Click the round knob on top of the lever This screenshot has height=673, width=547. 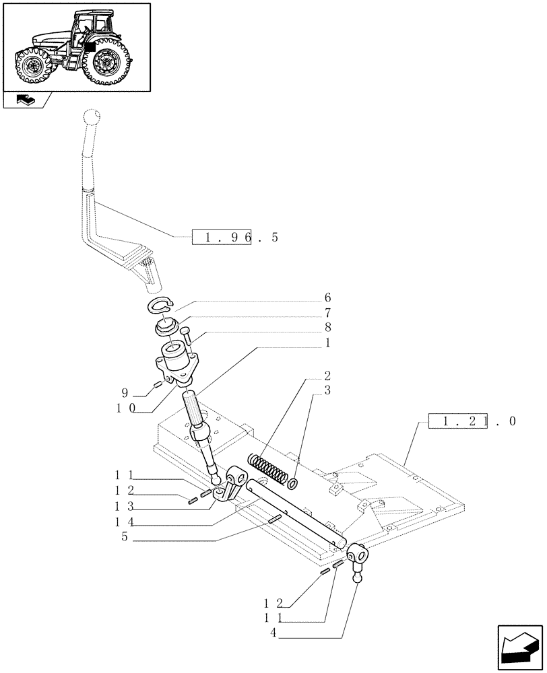point(92,119)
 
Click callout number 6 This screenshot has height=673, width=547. point(327,297)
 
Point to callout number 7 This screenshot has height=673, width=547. point(327,313)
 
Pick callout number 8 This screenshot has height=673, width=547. point(327,328)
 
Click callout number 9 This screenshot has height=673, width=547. point(126,392)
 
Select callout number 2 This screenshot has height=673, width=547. point(327,375)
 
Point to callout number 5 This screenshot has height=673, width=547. point(125,537)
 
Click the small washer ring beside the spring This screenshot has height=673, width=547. point(293,483)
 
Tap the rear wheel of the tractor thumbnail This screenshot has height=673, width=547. point(106,61)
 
